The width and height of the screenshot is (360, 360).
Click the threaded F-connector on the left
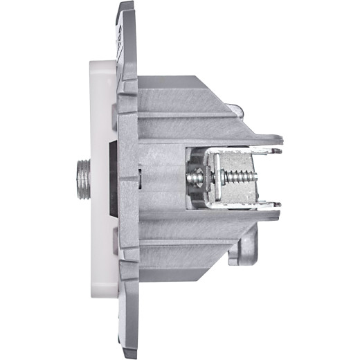point(80,178)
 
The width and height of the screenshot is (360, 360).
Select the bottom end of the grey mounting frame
point(126,350)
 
